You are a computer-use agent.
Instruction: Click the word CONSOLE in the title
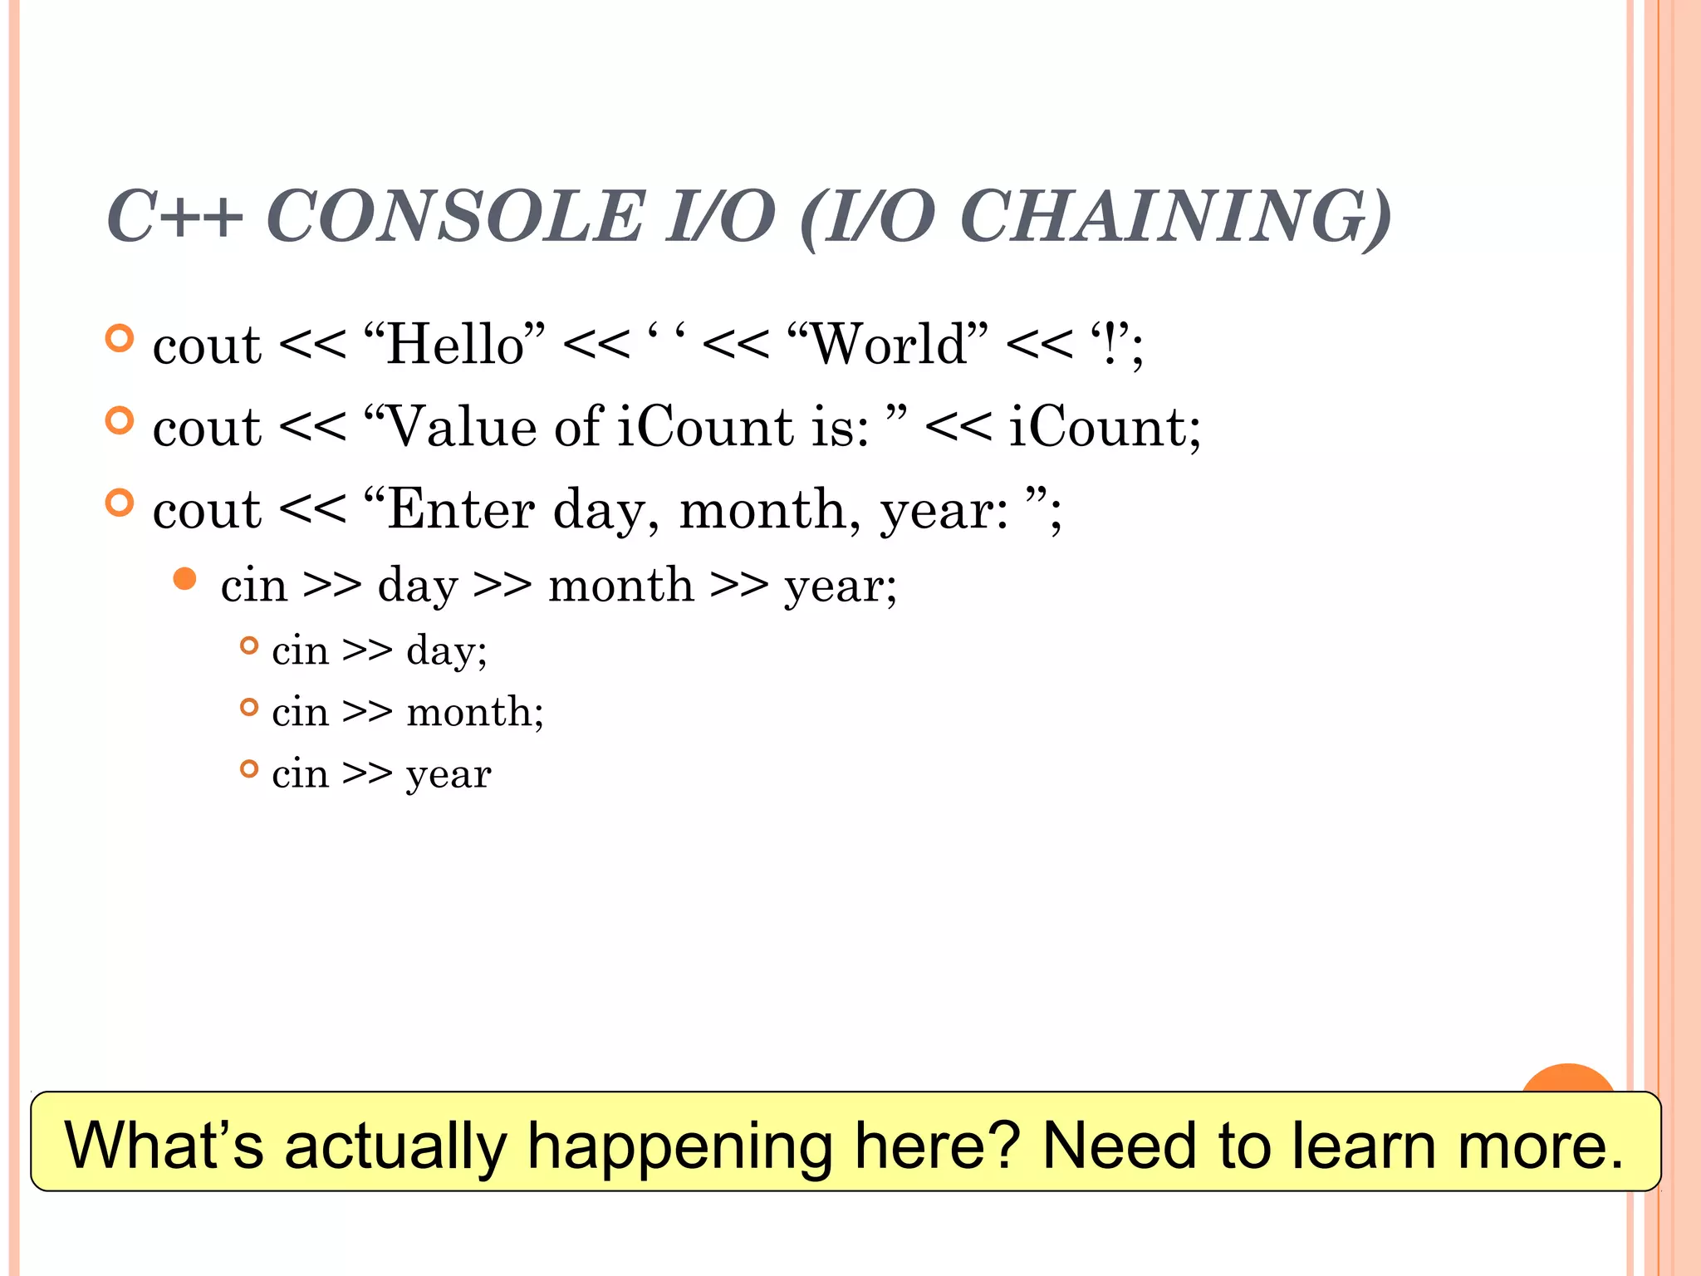(x=454, y=217)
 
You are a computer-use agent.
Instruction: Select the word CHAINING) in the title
(x=1174, y=217)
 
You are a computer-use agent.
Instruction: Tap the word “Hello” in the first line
(x=454, y=344)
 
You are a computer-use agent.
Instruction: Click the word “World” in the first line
(x=887, y=344)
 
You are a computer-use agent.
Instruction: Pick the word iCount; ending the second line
(x=1104, y=427)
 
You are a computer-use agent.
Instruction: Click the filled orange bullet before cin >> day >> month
(x=185, y=579)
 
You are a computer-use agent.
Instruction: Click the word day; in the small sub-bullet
(x=447, y=650)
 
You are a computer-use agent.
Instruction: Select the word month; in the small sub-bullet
(x=475, y=712)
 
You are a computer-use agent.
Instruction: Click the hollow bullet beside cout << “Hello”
(x=120, y=338)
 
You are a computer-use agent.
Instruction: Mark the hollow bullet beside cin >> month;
(x=249, y=707)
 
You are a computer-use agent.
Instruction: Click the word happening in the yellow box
(x=680, y=1145)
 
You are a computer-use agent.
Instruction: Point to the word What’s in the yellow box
(x=164, y=1145)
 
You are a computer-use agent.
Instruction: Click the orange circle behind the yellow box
(x=1568, y=1079)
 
